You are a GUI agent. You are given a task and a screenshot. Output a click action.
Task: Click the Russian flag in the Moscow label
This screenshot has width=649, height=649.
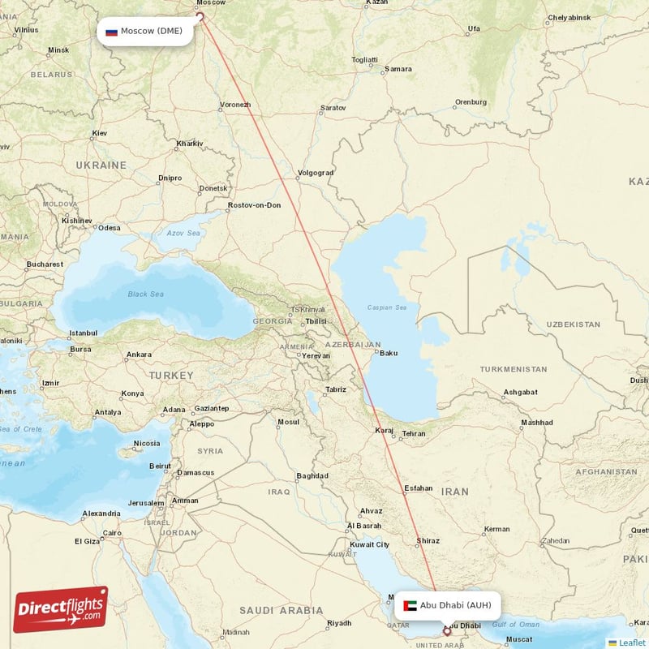pos(111,32)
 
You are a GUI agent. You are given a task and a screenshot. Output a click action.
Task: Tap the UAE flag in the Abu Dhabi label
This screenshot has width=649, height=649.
pos(410,605)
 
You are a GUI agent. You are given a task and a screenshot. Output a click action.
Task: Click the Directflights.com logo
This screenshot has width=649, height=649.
pos(61,609)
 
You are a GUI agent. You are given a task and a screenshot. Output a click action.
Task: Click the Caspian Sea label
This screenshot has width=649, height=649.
pos(387,307)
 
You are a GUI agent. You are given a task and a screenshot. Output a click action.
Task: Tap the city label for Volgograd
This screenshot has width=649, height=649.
pos(316,173)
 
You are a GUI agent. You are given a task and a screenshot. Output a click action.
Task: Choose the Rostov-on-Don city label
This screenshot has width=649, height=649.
pos(255,205)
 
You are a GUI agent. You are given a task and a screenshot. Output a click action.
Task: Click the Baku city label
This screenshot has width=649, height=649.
pos(389,353)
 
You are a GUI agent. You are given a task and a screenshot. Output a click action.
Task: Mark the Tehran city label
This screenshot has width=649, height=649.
pos(414,434)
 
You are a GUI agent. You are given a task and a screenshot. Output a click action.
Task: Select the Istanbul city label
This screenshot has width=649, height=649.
pos(83,333)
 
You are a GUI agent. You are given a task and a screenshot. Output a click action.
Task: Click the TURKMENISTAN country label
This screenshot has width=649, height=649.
pos(513,369)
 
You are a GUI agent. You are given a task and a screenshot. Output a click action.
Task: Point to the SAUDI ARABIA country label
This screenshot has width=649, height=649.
pos(281,610)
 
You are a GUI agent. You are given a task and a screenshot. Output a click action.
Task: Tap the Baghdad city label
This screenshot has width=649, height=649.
pos(312,475)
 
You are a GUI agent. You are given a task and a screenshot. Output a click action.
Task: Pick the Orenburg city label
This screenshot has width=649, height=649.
pos(471,102)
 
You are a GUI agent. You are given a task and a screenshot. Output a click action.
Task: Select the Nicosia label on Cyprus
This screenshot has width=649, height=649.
pos(147,443)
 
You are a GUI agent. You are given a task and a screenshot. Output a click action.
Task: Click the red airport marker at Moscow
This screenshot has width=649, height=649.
pos(200,15)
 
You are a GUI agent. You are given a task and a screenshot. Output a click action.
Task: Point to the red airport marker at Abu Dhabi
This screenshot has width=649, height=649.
pos(446,630)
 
